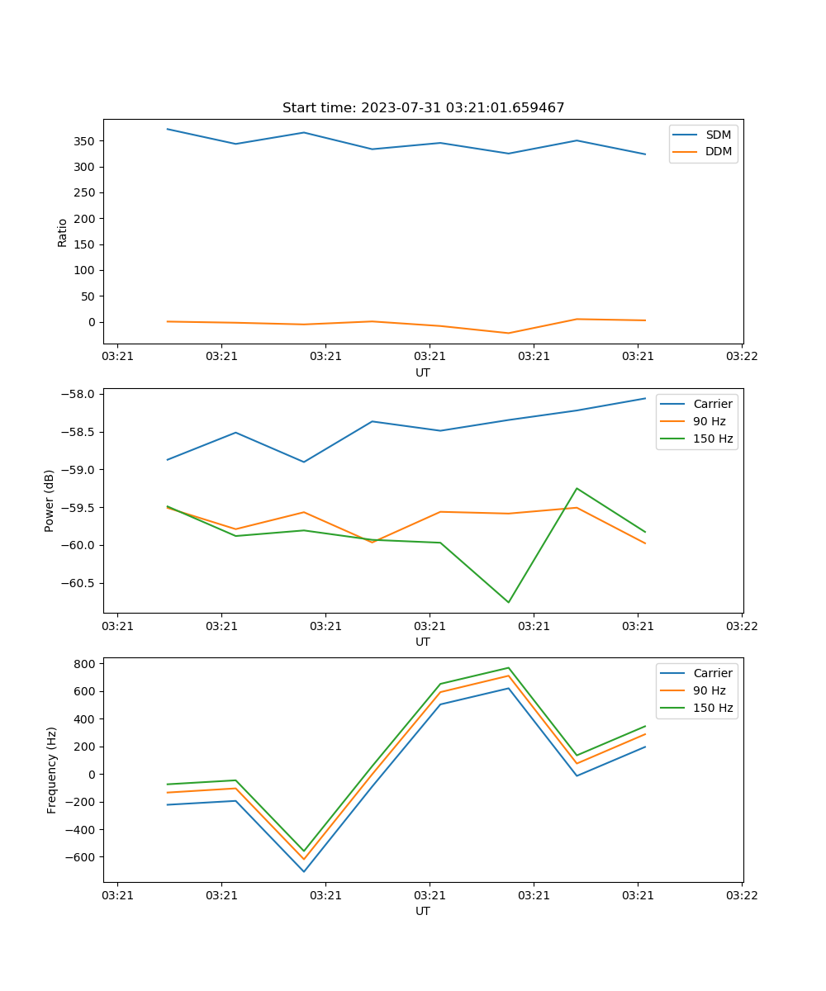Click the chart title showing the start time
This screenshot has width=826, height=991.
point(423,108)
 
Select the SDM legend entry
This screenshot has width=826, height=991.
point(718,135)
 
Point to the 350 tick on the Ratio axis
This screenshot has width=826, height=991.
point(86,141)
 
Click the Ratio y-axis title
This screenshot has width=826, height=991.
point(63,232)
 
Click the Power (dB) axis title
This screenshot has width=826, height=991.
point(50,500)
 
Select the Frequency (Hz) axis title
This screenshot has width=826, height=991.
point(52,770)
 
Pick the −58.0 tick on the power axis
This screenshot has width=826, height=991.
point(80,394)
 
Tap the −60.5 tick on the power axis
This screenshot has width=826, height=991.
point(80,583)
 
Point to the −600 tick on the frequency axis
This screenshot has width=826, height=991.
point(80,857)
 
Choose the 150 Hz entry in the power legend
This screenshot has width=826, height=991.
point(713,439)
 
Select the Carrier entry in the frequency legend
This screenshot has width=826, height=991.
point(713,673)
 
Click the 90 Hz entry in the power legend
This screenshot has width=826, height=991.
point(710,421)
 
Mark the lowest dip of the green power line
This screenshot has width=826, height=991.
point(508,602)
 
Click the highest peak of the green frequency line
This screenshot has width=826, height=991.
point(508,667)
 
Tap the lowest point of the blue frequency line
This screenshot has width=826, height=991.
point(304,871)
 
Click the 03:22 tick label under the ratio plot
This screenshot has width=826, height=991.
point(741,357)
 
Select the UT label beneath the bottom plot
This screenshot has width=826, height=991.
point(423,911)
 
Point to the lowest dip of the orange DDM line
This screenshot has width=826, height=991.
point(508,333)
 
